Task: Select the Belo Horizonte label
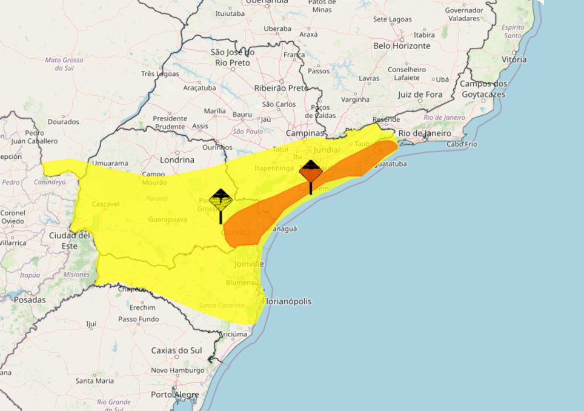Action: pos(402,45)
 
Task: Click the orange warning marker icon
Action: pos(311,172)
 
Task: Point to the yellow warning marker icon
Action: pos(221,200)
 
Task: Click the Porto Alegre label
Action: pos(174,395)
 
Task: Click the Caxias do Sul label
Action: pos(178,350)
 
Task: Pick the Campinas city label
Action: pos(305,133)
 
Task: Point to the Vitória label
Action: pos(514,59)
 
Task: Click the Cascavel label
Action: pos(106,204)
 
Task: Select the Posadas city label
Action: pos(29,299)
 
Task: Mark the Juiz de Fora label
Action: pos(420,95)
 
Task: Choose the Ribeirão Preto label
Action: pos(281,88)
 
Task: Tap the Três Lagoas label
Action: pos(160,74)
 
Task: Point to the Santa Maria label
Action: pos(94,381)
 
